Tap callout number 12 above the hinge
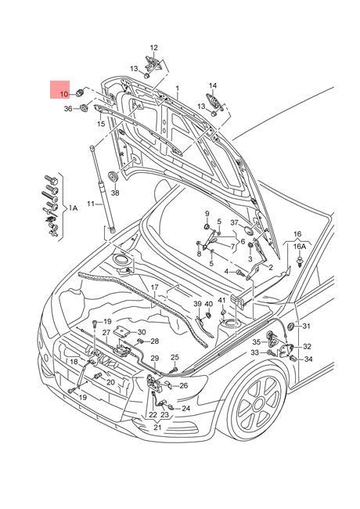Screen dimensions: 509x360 (x=153, y=48)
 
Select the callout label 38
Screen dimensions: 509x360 (x=115, y=192)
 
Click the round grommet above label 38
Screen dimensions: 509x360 (x=114, y=173)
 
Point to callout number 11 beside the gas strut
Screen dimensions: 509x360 (x=91, y=204)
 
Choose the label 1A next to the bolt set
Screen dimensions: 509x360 (x=73, y=208)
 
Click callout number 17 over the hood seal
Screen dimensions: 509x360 (x=155, y=287)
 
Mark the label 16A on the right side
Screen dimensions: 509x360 (x=299, y=246)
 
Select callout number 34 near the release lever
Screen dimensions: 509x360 (x=308, y=359)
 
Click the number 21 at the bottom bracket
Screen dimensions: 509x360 (x=158, y=428)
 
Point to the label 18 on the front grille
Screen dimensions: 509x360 (x=72, y=361)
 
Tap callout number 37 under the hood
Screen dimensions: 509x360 (x=233, y=223)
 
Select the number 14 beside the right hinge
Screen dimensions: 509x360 (x=212, y=85)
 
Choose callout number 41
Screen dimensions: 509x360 (x=221, y=301)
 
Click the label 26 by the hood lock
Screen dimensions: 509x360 (x=183, y=385)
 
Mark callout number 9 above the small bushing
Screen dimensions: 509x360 (x=207, y=214)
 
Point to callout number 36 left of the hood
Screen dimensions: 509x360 (x=67, y=108)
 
